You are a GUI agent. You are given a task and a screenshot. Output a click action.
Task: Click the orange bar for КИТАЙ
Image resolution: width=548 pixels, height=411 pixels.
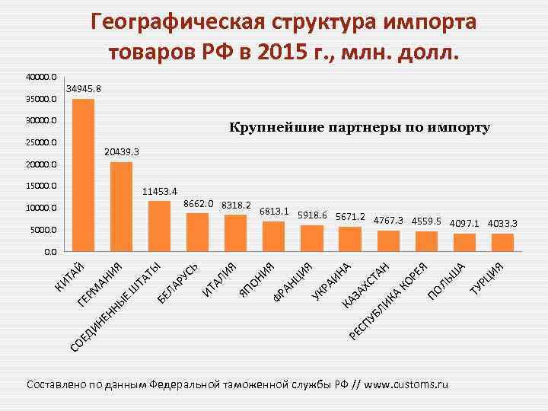click(83, 175)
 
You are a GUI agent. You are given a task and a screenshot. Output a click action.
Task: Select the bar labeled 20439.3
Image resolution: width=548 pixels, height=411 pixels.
click(121, 206)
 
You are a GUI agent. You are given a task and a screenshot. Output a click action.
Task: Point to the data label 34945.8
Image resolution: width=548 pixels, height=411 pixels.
click(83, 90)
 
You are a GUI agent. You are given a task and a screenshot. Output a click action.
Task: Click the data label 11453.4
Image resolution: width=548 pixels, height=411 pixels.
click(159, 190)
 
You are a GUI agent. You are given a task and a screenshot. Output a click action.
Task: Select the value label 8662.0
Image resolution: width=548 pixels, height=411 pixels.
click(199, 204)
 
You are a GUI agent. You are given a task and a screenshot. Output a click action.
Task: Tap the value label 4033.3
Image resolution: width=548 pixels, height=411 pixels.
click(502, 224)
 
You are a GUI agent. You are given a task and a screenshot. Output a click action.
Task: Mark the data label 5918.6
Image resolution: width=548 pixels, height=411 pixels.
click(312, 215)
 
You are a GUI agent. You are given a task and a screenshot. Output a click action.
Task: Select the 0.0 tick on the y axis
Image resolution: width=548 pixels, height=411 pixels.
click(49, 251)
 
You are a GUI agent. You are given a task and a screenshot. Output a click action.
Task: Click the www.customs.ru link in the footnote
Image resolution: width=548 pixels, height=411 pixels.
click(406, 384)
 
